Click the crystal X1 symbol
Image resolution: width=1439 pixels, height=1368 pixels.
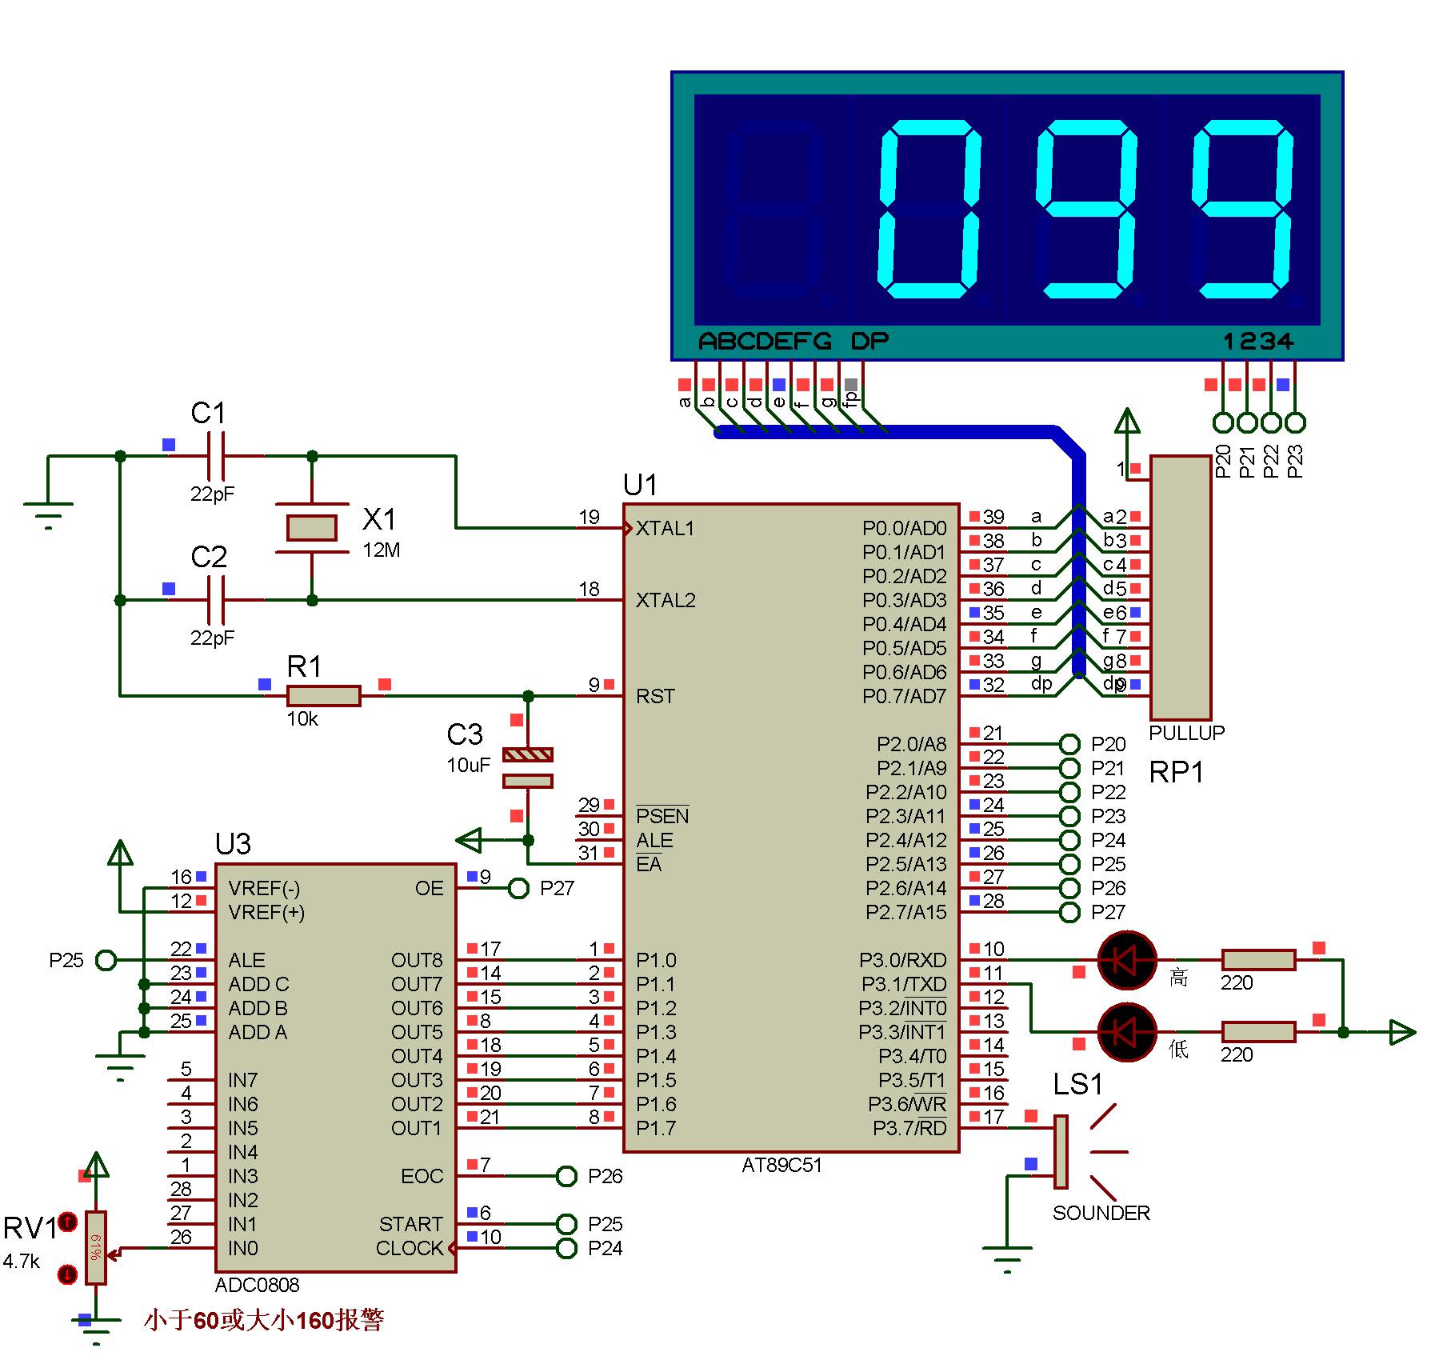point(311,528)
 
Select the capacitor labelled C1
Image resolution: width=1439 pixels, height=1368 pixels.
point(215,456)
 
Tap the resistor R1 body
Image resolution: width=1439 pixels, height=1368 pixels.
point(323,695)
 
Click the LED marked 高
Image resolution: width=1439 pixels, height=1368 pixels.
point(1126,960)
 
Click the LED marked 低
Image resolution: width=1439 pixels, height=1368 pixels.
point(1126,1032)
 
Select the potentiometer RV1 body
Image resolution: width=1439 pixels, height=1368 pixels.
point(95,1248)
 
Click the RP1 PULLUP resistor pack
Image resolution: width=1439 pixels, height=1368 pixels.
point(1180,588)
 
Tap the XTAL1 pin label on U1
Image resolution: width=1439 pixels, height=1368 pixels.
point(665,529)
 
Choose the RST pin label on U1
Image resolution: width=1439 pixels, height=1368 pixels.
point(655,697)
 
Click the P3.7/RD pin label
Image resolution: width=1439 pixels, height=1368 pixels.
point(909,1129)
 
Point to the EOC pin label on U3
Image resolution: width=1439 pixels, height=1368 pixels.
point(422,1176)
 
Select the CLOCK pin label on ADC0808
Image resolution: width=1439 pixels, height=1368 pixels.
point(409,1248)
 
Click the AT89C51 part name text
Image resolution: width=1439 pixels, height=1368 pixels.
point(781,1166)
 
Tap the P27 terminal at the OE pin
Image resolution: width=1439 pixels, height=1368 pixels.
point(519,888)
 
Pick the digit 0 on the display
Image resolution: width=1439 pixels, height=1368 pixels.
point(929,210)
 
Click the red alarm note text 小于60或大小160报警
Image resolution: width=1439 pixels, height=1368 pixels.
point(264,1320)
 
